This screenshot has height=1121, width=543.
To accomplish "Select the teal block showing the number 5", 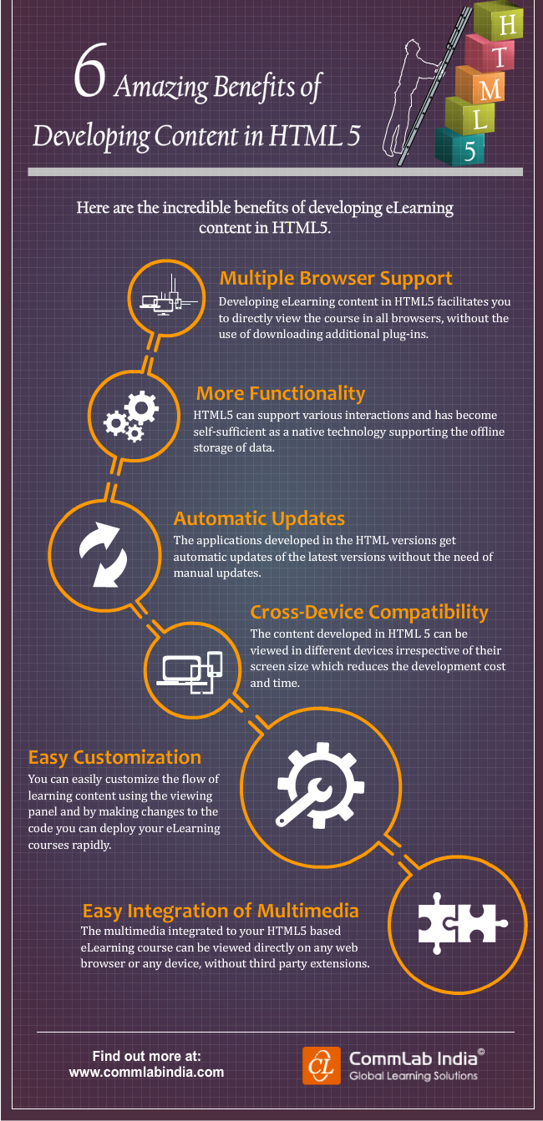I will (469, 149).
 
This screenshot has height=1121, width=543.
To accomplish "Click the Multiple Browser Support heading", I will (335, 278).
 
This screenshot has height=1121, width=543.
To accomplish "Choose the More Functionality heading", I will (280, 393).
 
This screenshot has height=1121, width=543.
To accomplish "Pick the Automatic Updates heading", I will (259, 519).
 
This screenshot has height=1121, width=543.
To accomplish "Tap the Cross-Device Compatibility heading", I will (369, 612).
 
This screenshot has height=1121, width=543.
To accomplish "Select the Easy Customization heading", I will (114, 757).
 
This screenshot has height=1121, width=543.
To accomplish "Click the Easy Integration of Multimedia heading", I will (221, 910).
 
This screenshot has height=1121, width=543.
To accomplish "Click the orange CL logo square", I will (322, 1066).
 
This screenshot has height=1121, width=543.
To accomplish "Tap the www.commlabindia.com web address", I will (146, 1073).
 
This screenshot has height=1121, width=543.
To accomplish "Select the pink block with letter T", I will (499, 57).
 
